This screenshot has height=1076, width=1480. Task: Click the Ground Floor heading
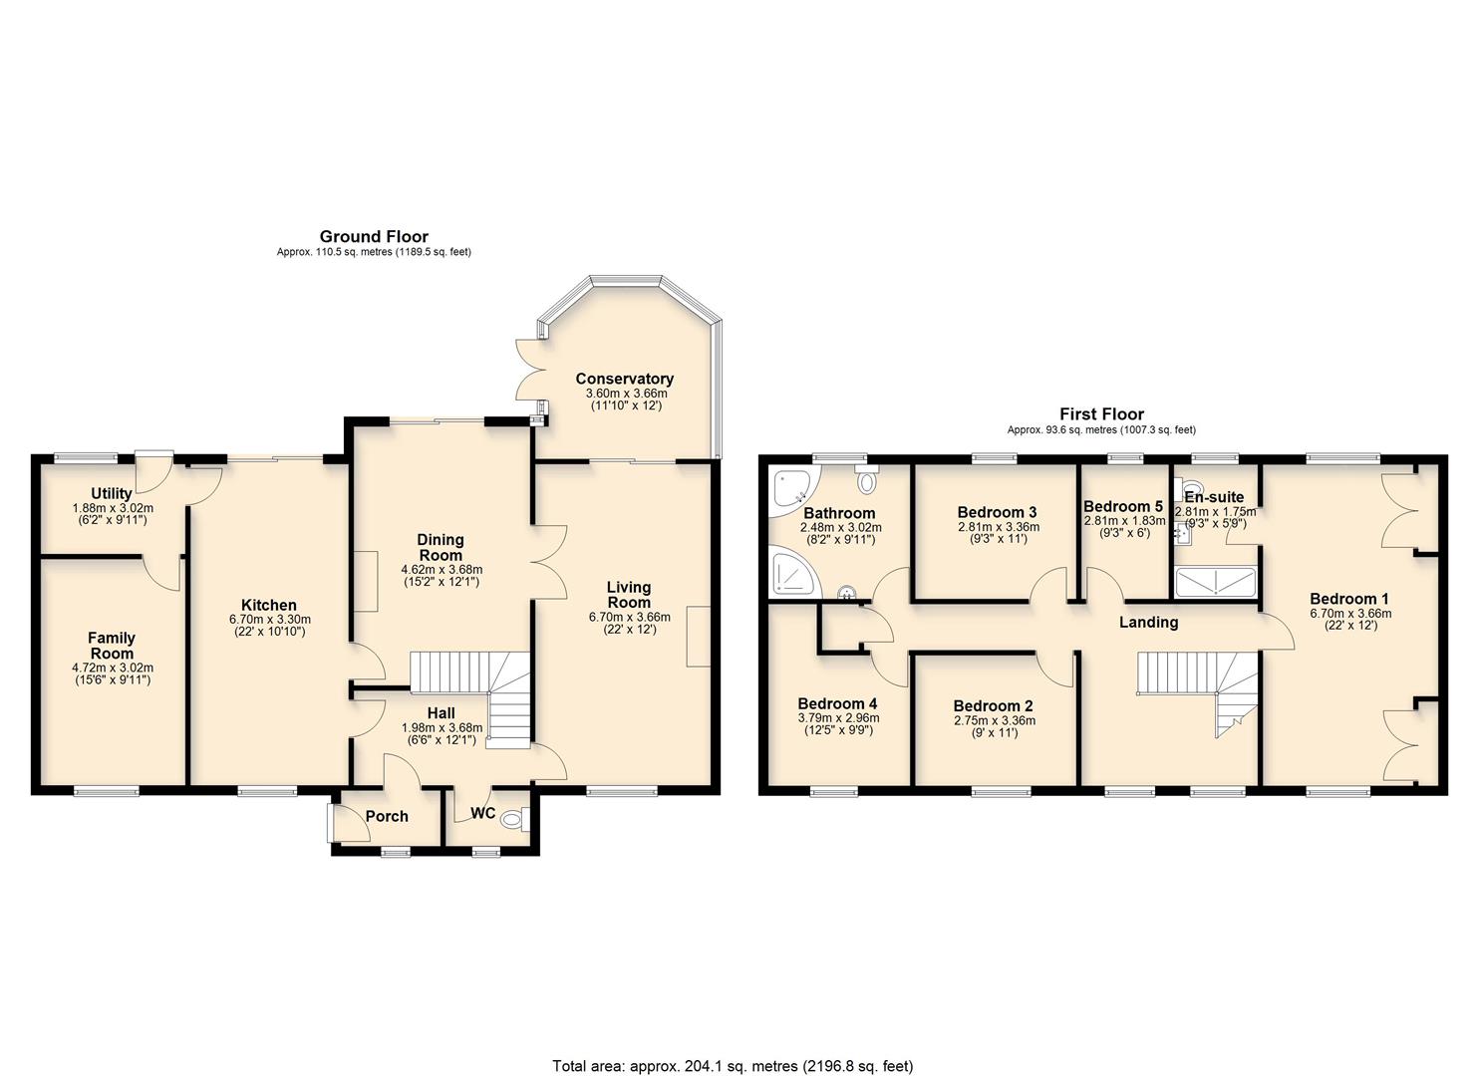coord(374,237)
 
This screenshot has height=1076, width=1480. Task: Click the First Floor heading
coord(1101,414)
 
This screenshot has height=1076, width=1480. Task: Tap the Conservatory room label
coord(624,379)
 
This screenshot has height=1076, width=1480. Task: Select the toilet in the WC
coord(513,820)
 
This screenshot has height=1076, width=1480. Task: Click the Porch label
coord(387,816)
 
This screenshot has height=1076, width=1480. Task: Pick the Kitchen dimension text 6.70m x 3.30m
coord(268,619)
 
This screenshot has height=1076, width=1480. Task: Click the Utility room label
coord(112,493)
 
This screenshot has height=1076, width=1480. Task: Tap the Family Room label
coord(112,645)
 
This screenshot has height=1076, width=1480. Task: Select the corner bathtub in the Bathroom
coord(793,489)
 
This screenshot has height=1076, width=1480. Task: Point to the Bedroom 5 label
coord(1123,506)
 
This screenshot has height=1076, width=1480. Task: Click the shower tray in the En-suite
coord(1215,582)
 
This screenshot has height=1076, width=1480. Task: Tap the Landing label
coord(1148,623)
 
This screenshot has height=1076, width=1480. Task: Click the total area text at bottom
coord(733,1066)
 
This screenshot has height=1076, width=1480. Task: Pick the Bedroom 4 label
coord(837,703)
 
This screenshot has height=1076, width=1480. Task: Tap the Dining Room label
coord(441,547)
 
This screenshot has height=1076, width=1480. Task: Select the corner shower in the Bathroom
coord(791,577)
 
